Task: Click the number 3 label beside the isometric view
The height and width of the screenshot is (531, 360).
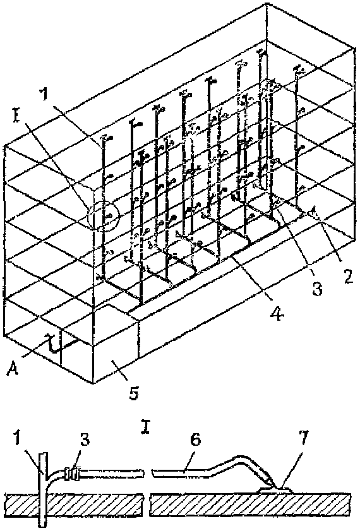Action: pos(317,289)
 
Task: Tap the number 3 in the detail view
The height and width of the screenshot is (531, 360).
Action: pos(84,441)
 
